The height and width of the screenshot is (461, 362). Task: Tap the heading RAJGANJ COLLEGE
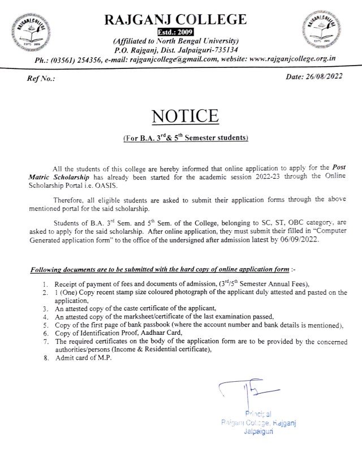pyautogui.click(x=176, y=19)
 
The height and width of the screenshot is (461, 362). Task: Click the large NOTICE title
pyautogui.click(x=184, y=117)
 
